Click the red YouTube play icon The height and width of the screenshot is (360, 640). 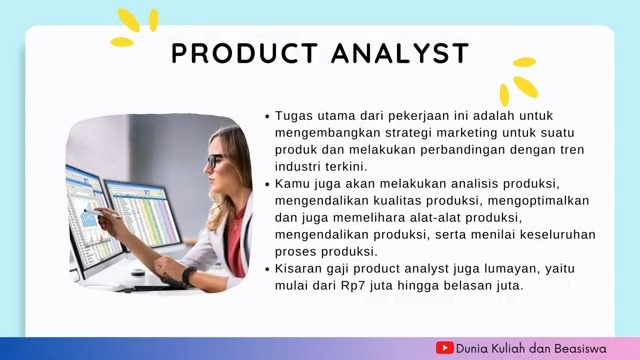coord(445,348)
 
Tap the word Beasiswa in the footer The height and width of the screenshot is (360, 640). coord(592,348)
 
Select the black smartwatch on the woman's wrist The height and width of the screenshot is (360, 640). coord(189,274)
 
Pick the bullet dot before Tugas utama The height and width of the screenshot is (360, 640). coord(267,116)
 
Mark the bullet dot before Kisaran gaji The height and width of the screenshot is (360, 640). coord(267,269)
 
